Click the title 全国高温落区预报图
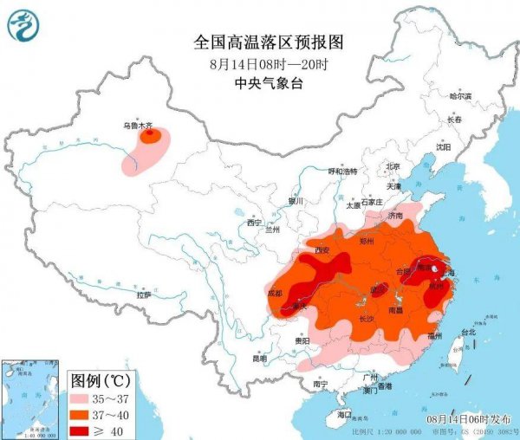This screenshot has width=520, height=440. click(x=259, y=42)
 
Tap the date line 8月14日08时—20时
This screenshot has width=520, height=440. click(x=259, y=64)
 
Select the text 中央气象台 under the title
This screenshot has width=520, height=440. click(x=259, y=84)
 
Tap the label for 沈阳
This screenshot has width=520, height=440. click(x=444, y=147)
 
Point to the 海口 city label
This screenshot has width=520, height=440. click(x=344, y=414)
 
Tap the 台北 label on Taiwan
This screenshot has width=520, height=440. click(x=468, y=332)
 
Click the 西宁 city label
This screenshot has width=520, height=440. click(x=254, y=223)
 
